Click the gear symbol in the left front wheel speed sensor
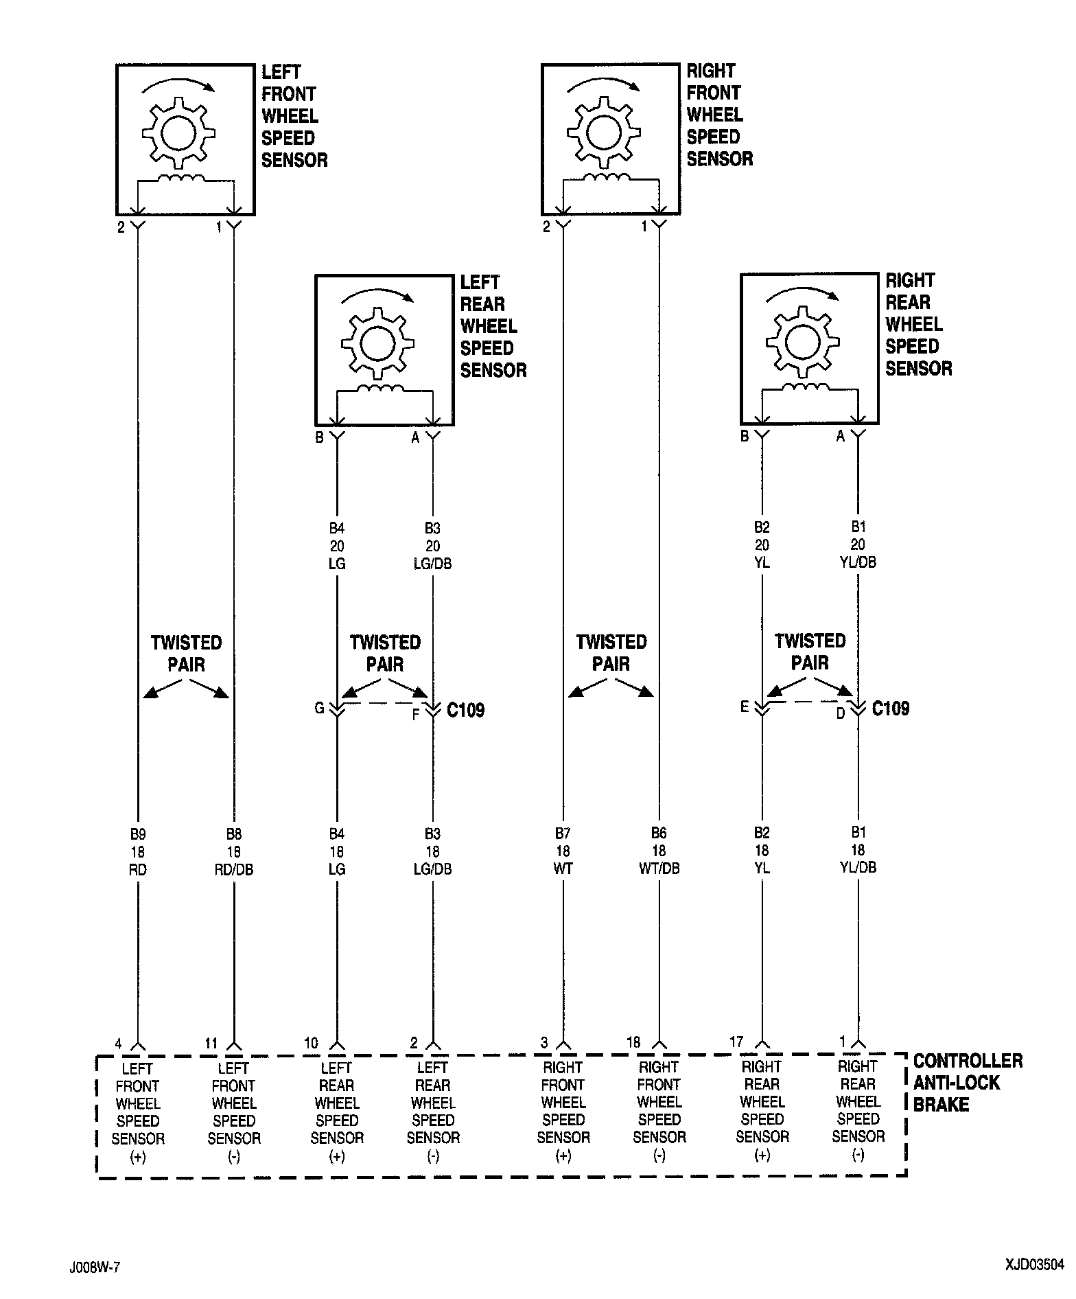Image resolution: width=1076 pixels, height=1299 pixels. (x=178, y=132)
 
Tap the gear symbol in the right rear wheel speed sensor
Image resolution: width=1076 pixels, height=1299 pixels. (x=802, y=341)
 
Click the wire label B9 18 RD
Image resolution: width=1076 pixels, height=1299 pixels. (x=138, y=852)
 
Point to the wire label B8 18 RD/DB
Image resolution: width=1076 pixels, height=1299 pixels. (x=234, y=852)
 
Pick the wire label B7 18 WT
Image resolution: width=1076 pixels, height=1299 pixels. (x=563, y=851)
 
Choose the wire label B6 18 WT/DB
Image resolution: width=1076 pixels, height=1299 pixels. (x=659, y=851)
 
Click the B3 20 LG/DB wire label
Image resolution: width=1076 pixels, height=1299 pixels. (x=432, y=546)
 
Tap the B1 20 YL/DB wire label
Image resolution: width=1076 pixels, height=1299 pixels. (x=858, y=544)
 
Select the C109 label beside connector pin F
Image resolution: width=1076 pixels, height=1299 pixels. (x=465, y=710)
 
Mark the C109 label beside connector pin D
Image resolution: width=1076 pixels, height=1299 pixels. (x=890, y=709)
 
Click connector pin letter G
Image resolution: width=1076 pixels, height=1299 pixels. (x=319, y=708)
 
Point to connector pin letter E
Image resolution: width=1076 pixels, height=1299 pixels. (x=745, y=706)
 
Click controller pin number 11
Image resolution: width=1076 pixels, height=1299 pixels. (x=211, y=1044)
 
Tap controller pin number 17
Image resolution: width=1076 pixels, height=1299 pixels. (x=736, y=1042)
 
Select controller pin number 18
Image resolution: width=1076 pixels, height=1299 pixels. (x=633, y=1043)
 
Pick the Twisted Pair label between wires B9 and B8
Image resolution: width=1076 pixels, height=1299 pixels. (x=187, y=654)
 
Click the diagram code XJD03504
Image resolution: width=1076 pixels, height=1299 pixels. (x=1034, y=1264)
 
